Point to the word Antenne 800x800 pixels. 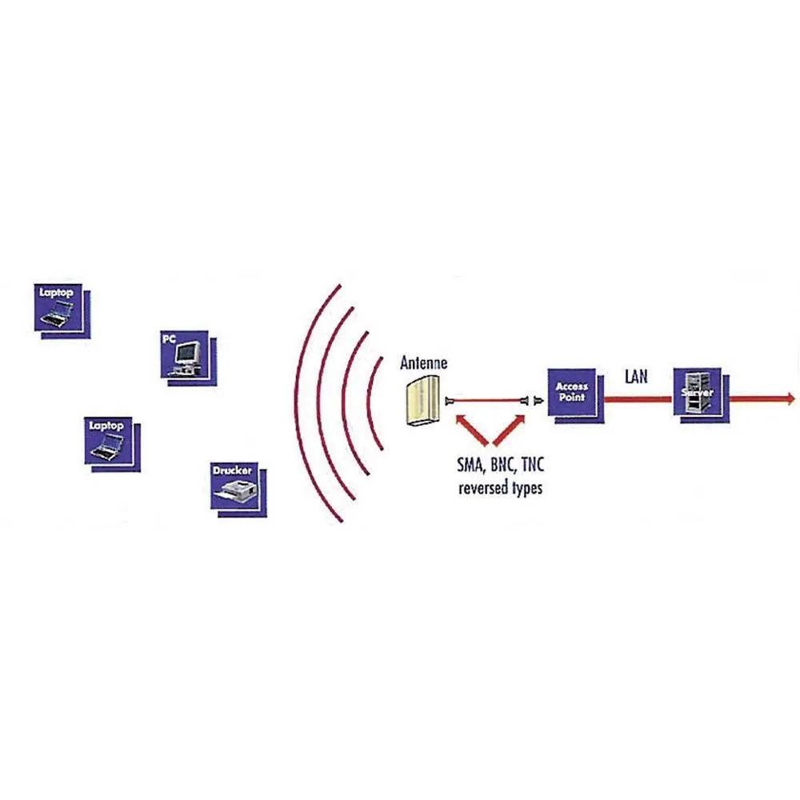point(423,363)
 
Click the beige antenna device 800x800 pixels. point(423,401)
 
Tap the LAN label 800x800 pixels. point(637,376)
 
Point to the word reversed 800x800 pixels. point(483,487)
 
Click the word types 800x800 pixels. point(526,488)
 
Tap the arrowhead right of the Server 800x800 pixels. point(790,398)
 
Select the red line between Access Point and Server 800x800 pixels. point(638,398)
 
